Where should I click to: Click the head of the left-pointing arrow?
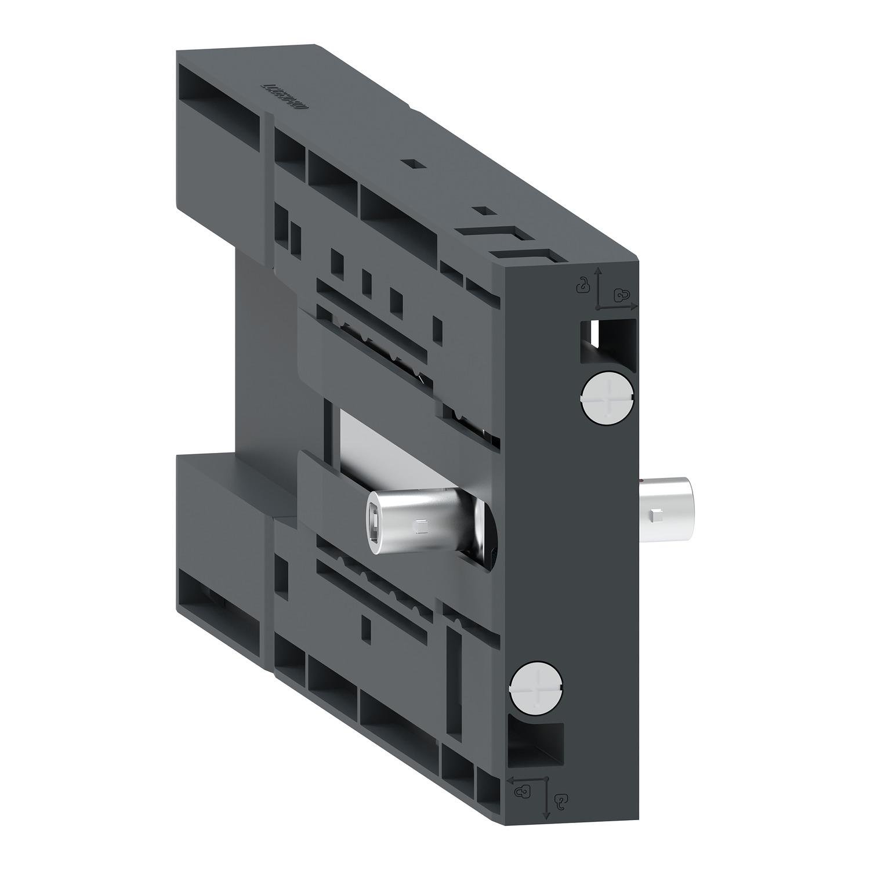click(510, 779)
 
